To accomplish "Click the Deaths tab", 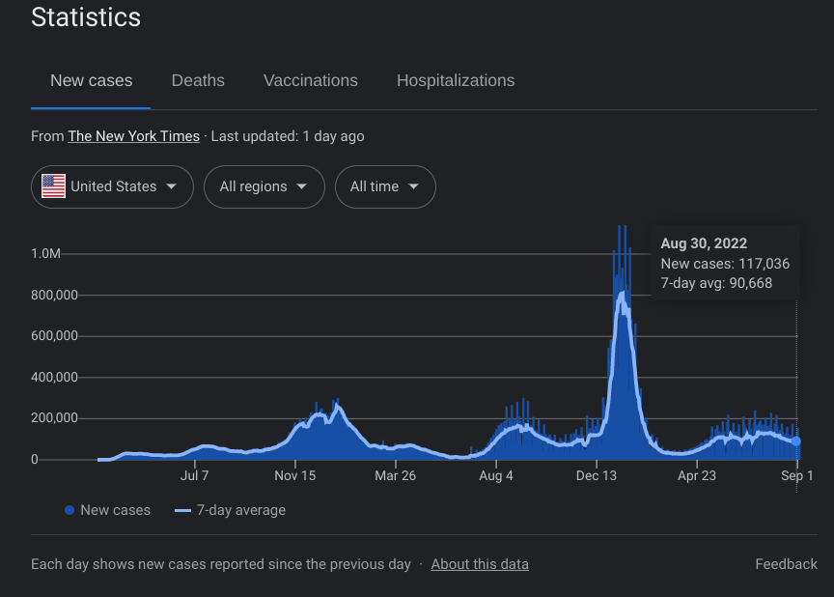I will (x=198, y=81).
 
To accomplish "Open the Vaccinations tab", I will (x=310, y=81).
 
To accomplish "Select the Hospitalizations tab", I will (x=455, y=81).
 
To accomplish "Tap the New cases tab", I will (x=91, y=81).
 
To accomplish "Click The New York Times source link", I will (x=133, y=136).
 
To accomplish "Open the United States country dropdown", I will (x=112, y=186).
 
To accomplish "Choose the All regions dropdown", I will (x=264, y=186).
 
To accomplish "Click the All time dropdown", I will (x=384, y=186).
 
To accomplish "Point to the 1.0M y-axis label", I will (x=46, y=254).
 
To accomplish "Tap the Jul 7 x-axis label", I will (x=194, y=476).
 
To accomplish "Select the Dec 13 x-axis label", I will (x=597, y=476).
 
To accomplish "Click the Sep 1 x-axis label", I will (x=797, y=476).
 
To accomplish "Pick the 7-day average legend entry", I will (x=240, y=510).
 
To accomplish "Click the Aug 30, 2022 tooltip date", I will (x=704, y=243).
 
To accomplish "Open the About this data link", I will (x=480, y=564).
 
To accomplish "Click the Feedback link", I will (x=786, y=564).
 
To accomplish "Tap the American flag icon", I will (x=53, y=186).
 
